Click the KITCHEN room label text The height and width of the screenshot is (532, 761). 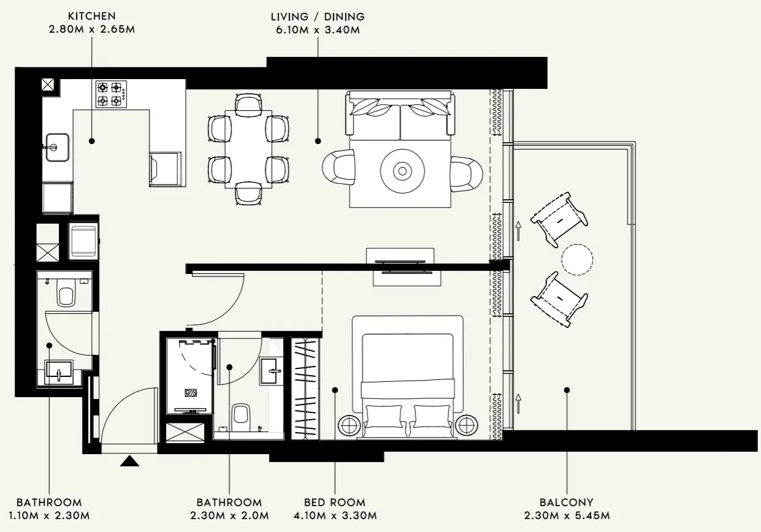pos(91,16)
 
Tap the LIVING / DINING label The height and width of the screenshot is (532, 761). pos(317,16)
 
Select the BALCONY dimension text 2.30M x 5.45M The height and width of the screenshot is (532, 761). pos(567,515)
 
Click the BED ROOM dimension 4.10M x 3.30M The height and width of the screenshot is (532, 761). pos(335,515)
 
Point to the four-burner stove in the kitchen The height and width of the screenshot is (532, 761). pos(111,94)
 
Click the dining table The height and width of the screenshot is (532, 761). pos(248,149)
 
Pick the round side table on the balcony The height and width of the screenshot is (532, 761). pos(577,259)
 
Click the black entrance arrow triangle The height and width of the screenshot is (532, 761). pos(129,461)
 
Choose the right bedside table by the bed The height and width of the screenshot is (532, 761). pos(466,424)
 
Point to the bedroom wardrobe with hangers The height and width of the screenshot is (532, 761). pos(305,389)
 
